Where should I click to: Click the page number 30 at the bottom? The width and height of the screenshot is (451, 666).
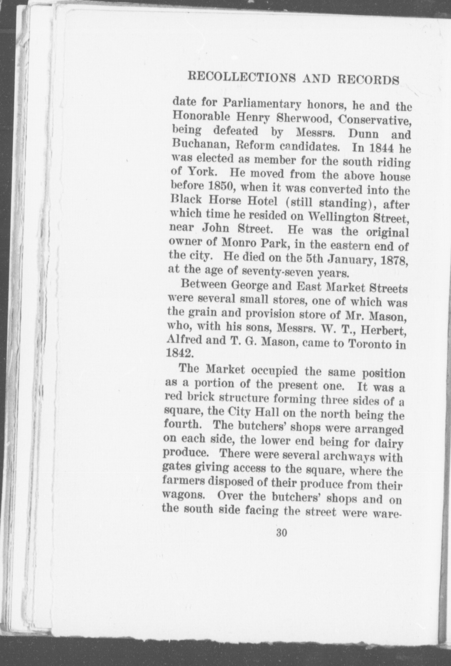282,533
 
